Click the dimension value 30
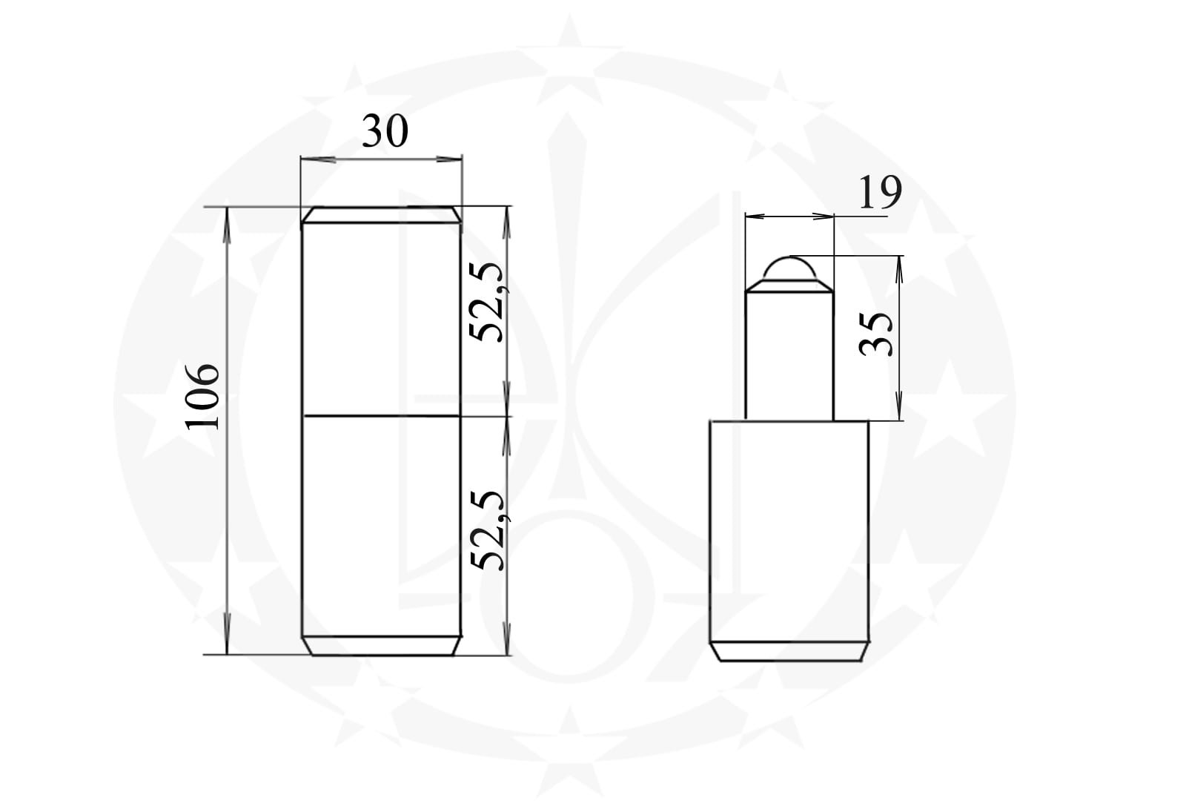pos(385,131)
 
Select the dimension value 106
pos(202,397)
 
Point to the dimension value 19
pos(879,192)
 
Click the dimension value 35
pos(875,334)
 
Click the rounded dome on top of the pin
pos(789,268)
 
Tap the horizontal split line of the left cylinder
pos(381,416)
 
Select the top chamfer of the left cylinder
pos(381,214)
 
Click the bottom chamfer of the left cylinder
pos(381,646)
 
